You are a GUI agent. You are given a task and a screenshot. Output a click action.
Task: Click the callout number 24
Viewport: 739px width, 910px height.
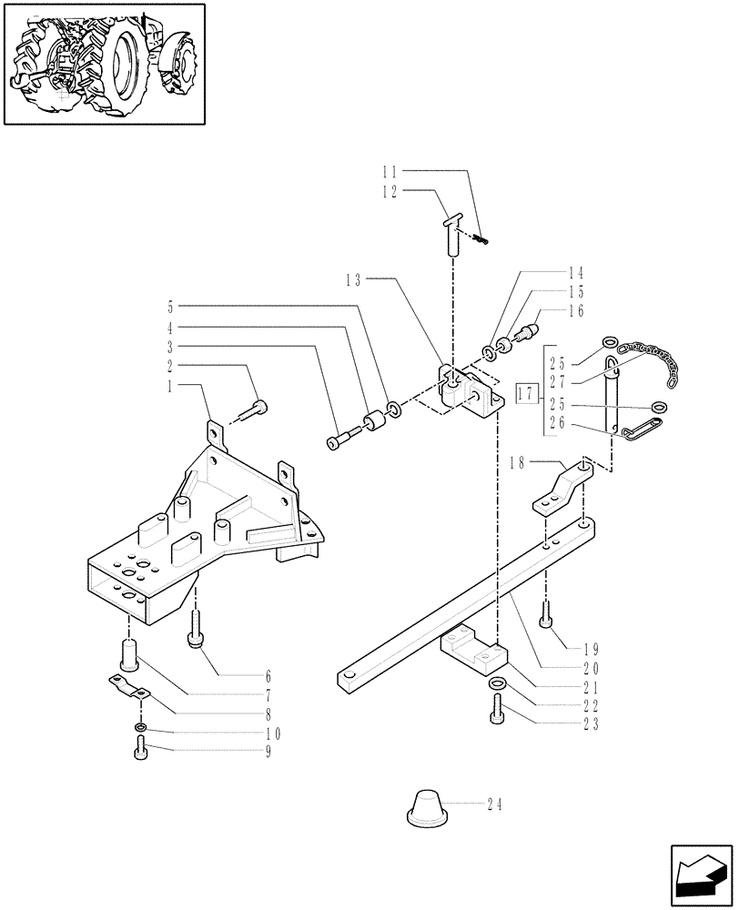point(494,804)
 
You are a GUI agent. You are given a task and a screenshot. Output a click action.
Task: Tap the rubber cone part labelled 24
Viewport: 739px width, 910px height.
point(426,809)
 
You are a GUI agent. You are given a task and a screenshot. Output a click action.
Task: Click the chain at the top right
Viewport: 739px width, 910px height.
point(650,351)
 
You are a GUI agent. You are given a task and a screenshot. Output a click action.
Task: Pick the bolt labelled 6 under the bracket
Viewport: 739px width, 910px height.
point(195,630)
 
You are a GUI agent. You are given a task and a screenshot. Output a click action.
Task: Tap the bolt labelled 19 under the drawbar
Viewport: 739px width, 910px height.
point(545,616)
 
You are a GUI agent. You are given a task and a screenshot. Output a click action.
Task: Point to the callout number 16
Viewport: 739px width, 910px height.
point(575,311)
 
